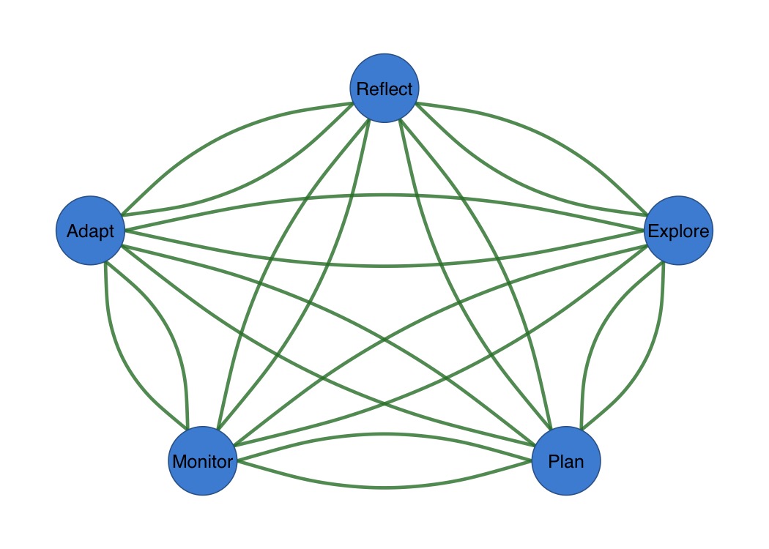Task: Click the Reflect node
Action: tap(384, 88)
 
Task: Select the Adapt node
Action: tap(90, 231)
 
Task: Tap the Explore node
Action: tap(677, 231)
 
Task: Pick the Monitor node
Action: tap(203, 461)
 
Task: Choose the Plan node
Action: tap(566, 461)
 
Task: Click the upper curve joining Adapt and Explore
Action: tap(384, 195)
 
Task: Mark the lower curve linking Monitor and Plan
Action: tap(384, 487)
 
